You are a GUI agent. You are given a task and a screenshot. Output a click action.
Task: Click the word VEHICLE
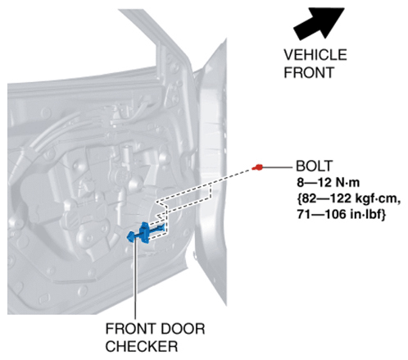pos(315,55)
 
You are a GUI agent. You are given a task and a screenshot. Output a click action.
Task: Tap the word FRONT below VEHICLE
pos(309,72)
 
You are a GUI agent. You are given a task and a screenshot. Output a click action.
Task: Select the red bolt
pos(257,167)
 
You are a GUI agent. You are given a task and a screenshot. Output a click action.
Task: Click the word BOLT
pos(315,166)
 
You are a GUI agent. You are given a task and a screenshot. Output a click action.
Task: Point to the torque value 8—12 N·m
pos(328,182)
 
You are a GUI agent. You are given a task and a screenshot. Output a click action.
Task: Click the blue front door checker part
pos(146,232)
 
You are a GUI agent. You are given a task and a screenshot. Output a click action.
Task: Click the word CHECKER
pos(142,346)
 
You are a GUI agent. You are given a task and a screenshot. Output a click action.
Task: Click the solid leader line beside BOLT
pos(277,166)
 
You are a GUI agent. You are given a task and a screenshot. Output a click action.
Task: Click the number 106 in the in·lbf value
pos(336,215)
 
